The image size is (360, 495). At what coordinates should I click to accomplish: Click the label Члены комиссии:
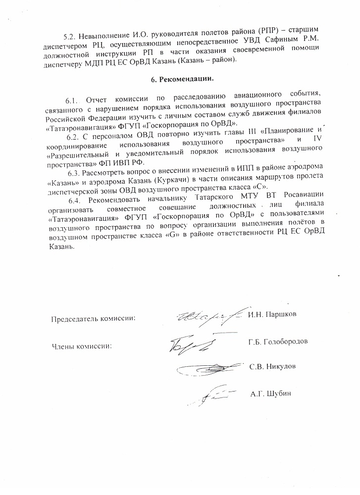[x=82, y=346]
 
